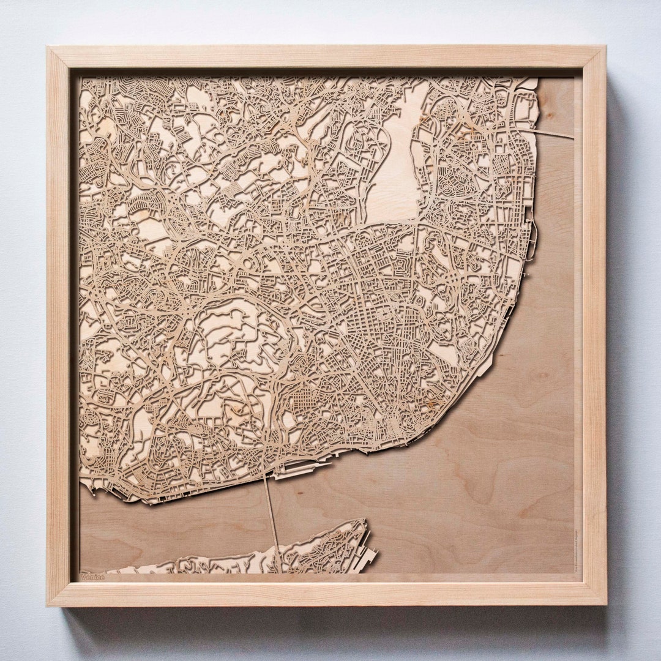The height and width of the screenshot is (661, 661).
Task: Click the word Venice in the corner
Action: pos(93,577)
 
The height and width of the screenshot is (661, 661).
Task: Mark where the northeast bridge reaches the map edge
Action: pos(573,138)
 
